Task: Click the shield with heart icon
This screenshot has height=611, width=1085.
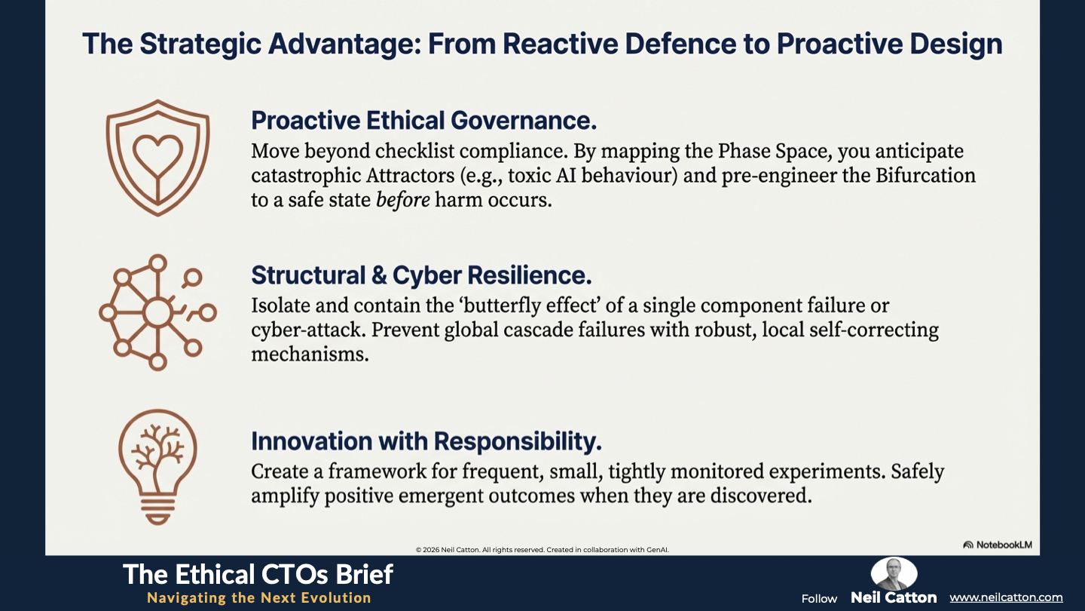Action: tap(157, 158)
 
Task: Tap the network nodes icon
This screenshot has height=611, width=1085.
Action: tap(157, 313)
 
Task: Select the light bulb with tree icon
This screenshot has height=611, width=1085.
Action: tap(157, 467)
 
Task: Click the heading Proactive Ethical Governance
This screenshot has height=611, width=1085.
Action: tap(423, 120)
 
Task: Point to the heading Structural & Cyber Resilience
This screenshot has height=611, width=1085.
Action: tap(421, 275)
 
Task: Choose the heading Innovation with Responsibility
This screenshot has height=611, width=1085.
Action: tap(426, 441)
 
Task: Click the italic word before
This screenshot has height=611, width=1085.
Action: tap(403, 200)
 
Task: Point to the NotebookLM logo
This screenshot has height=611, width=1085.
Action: tap(998, 545)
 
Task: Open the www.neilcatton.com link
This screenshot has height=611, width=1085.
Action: tap(1006, 597)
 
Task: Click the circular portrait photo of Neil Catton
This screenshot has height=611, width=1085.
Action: tap(894, 573)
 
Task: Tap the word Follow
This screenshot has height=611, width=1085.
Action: tap(819, 599)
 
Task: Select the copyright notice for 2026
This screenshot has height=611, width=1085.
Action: tap(542, 549)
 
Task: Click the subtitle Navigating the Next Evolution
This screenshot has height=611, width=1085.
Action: tap(259, 597)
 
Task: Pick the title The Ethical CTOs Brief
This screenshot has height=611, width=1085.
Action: tap(258, 575)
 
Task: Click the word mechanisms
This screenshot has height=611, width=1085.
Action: tap(310, 355)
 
